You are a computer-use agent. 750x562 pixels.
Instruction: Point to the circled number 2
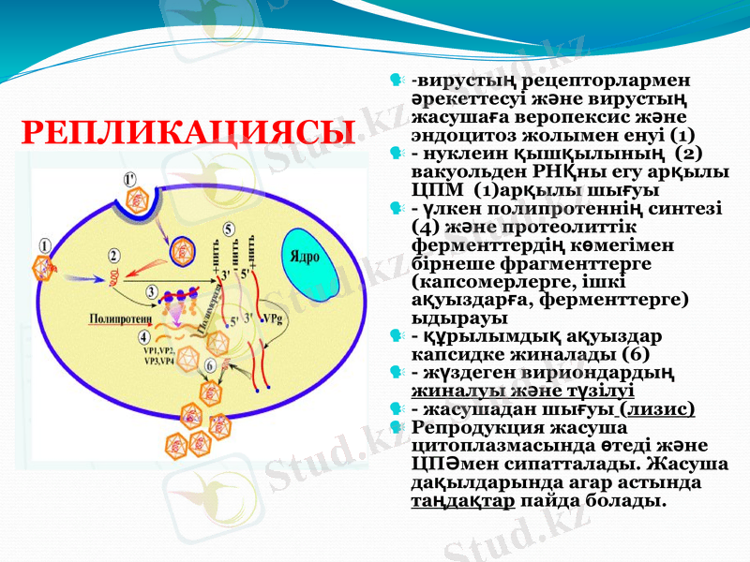pyautogui.click(x=113, y=255)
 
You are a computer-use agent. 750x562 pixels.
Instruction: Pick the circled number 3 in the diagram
pyautogui.click(x=152, y=292)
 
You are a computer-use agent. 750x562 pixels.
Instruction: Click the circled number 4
pyautogui.click(x=142, y=335)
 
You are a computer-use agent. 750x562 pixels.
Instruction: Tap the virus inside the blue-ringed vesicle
pyautogui.click(x=181, y=250)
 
